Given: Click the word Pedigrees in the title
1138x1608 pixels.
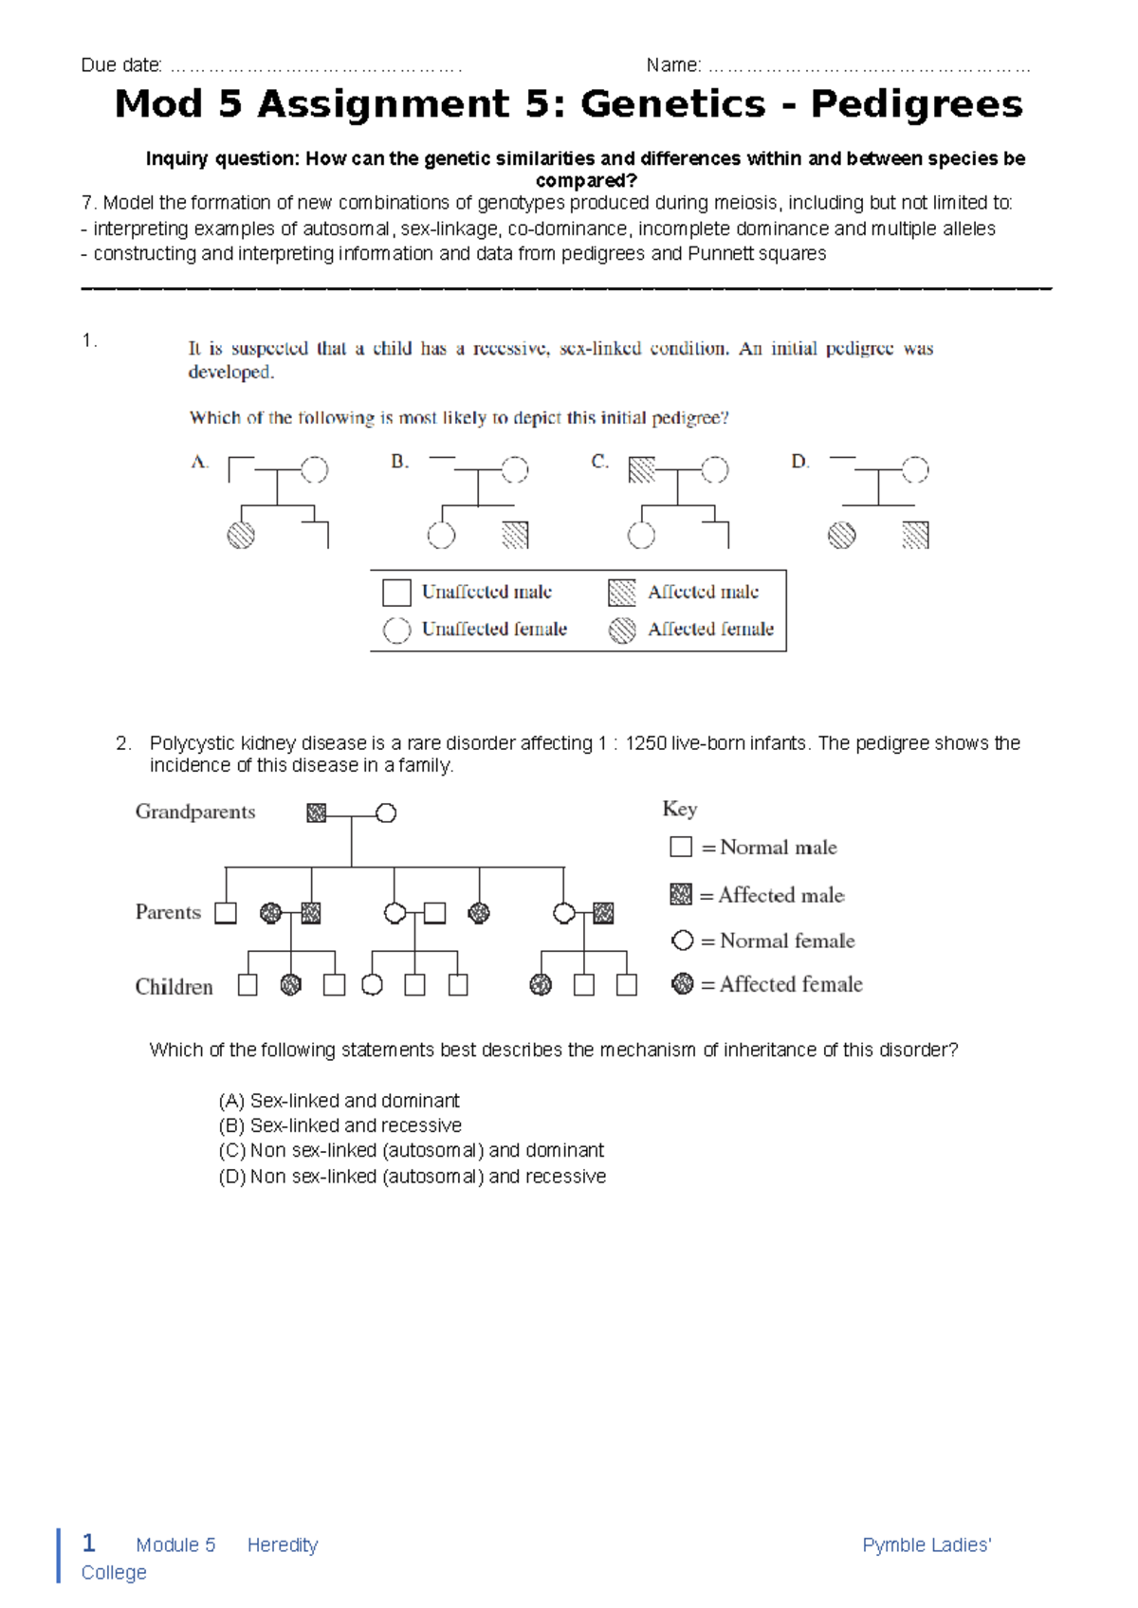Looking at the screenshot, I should click(x=916, y=104).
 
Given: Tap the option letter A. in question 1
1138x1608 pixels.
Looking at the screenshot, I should click(x=199, y=463).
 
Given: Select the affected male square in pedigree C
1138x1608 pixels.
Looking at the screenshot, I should click(x=642, y=469).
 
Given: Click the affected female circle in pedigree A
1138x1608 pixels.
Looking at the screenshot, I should click(x=241, y=536).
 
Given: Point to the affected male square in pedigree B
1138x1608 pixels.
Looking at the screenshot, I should click(x=515, y=536).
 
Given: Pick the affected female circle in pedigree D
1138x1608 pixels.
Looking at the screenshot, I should click(x=841, y=536).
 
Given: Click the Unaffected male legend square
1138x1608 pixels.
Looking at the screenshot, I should click(x=396, y=593).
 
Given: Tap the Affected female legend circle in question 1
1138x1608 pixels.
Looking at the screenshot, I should click(x=622, y=630).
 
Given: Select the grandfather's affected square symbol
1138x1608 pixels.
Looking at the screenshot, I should click(x=317, y=813).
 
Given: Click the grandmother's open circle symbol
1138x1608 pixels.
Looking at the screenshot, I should click(x=386, y=813).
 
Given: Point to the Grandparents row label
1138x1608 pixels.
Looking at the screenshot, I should click(x=195, y=812).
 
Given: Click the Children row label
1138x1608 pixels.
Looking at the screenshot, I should click(x=174, y=987).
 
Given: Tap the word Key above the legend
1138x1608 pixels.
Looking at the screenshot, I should click(x=679, y=809).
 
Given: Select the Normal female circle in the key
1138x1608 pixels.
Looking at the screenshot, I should click(x=682, y=941).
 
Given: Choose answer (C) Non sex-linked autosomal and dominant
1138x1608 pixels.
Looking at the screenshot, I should click(x=411, y=1151).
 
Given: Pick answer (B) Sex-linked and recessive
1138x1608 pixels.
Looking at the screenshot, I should click(x=340, y=1125).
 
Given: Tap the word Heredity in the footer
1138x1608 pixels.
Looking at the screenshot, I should click(x=283, y=1545).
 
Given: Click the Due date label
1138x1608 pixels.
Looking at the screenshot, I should click(x=121, y=65).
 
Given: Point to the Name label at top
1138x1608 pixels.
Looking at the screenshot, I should click(x=673, y=65).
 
